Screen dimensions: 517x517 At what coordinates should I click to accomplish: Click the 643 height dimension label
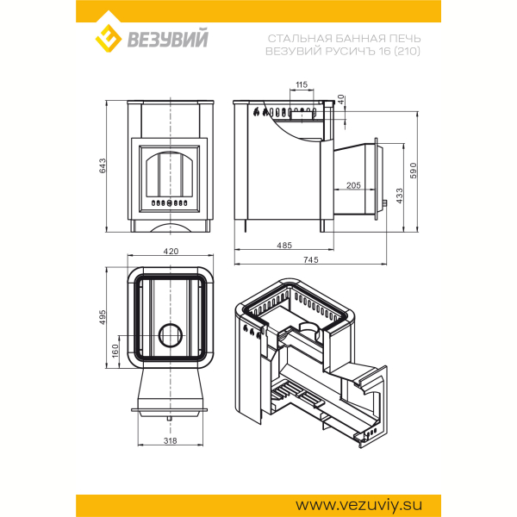(103, 165)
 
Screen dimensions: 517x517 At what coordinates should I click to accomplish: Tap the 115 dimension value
(302, 84)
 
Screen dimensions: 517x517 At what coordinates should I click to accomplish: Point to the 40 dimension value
(341, 99)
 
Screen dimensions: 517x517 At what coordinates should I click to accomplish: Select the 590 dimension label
(414, 171)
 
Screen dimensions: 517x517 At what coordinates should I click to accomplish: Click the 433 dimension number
(399, 196)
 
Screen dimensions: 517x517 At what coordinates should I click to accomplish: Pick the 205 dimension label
(353, 185)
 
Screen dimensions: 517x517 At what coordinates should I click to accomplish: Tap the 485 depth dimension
(284, 246)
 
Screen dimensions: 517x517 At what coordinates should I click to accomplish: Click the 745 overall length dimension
(311, 260)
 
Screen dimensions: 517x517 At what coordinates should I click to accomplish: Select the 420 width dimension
(171, 252)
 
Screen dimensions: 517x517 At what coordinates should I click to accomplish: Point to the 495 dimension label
(103, 317)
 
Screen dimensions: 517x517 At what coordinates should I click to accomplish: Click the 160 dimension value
(115, 351)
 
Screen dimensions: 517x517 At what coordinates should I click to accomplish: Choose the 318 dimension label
(171, 440)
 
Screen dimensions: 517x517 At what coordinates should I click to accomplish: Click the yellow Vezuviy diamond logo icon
(109, 38)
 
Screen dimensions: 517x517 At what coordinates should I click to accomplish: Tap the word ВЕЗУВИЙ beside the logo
(168, 39)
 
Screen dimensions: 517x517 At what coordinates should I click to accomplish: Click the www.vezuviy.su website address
(358, 505)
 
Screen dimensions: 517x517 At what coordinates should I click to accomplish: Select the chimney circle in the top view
(170, 335)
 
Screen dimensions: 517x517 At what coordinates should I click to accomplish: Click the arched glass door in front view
(170, 174)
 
